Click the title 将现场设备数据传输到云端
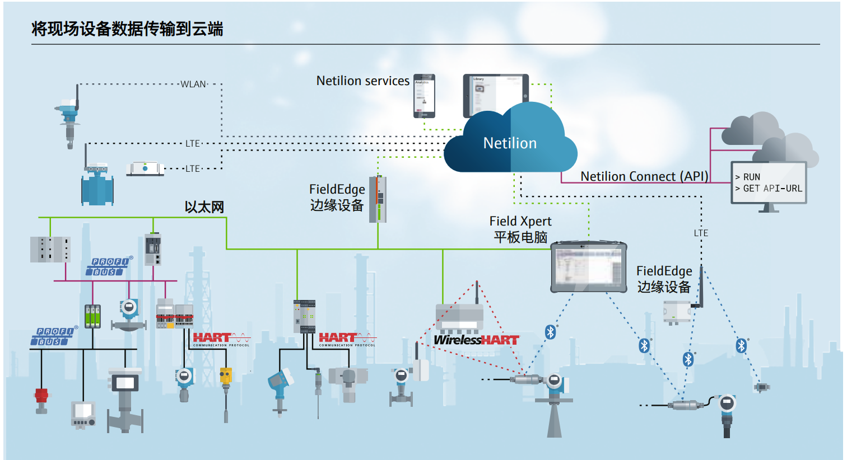tap(127, 29)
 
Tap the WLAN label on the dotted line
tap(193, 85)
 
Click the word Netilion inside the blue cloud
tap(510, 143)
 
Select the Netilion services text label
tap(362, 81)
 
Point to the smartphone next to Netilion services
tap(424, 96)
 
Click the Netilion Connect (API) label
tap(644, 176)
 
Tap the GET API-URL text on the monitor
tap(772, 189)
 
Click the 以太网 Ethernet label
tap(204, 207)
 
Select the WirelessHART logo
tap(476, 340)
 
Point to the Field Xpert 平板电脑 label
tap(520, 229)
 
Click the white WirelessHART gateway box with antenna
tap(459, 316)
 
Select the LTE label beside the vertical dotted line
tap(701, 233)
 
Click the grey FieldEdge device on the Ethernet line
tap(378, 199)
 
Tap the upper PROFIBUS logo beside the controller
tap(110, 266)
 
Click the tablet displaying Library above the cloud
tap(496, 95)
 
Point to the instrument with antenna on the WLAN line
tap(69, 118)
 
